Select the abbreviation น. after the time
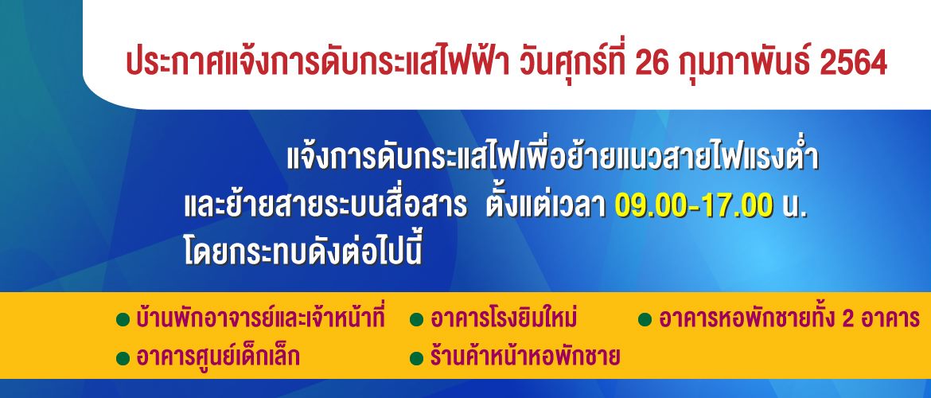click(x=795, y=207)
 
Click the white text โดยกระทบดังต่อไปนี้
click(x=303, y=249)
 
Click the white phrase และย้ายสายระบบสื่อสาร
click(x=324, y=205)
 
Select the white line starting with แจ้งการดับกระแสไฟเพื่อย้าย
click(x=553, y=157)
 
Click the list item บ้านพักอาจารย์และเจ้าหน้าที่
click(x=261, y=318)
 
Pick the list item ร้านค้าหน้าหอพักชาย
click(x=525, y=357)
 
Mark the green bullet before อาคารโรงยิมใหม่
click(x=417, y=321)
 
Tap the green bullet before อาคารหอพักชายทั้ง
click(x=645, y=321)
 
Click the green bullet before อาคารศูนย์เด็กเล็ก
click(x=123, y=358)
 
